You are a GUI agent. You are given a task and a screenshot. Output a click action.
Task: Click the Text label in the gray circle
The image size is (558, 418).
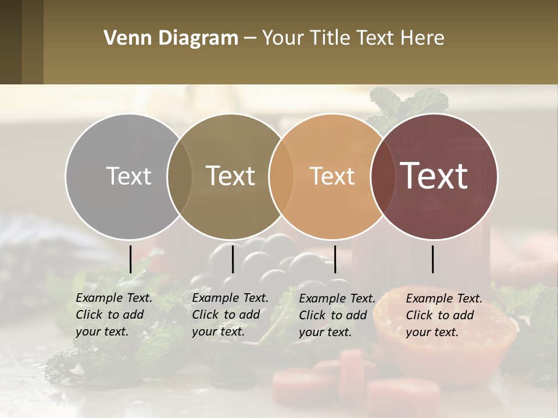[x=128, y=176]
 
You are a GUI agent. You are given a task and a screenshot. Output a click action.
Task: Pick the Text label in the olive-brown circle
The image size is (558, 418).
[x=231, y=176]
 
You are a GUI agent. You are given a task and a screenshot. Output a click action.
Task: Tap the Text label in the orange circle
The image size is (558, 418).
[x=332, y=176]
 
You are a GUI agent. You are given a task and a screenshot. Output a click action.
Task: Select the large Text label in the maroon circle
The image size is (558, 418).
[x=434, y=176]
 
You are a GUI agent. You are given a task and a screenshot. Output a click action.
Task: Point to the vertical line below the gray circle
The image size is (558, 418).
[x=130, y=259]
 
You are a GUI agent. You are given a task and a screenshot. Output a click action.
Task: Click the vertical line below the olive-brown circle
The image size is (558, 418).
[x=233, y=259]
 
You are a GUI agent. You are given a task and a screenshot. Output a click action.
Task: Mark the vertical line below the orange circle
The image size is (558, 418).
[x=335, y=259]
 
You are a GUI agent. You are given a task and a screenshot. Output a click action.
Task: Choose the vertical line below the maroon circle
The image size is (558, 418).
[x=433, y=259]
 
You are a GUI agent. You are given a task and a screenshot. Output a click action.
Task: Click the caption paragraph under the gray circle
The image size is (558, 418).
[x=114, y=315]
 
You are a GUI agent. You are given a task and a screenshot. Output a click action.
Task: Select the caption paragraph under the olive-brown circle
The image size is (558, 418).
[x=230, y=315]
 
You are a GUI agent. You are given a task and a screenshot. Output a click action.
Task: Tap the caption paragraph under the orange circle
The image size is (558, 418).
[x=337, y=315]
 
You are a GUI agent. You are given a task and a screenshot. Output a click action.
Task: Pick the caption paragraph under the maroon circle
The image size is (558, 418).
[x=444, y=315]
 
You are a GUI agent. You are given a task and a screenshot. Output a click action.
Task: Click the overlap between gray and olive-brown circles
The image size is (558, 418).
[x=180, y=176]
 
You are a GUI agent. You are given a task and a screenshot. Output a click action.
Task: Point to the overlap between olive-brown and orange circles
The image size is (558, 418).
[x=281, y=176]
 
